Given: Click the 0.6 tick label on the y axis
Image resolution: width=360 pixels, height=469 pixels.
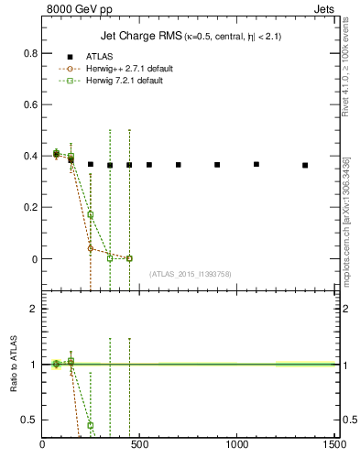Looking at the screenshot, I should (x=29, y=104).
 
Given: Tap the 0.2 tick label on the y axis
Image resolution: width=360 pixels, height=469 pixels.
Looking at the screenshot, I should (x=29, y=207).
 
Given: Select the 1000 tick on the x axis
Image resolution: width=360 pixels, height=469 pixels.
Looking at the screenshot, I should (x=237, y=445).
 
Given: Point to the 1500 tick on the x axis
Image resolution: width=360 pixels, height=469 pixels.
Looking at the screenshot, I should (x=333, y=445).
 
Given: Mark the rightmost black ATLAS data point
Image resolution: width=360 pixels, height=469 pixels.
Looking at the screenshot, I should (x=305, y=165).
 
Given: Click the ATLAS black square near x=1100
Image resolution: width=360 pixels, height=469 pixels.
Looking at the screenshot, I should (x=256, y=164).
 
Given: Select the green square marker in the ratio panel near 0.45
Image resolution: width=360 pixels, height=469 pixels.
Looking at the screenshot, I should (x=91, y=425).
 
